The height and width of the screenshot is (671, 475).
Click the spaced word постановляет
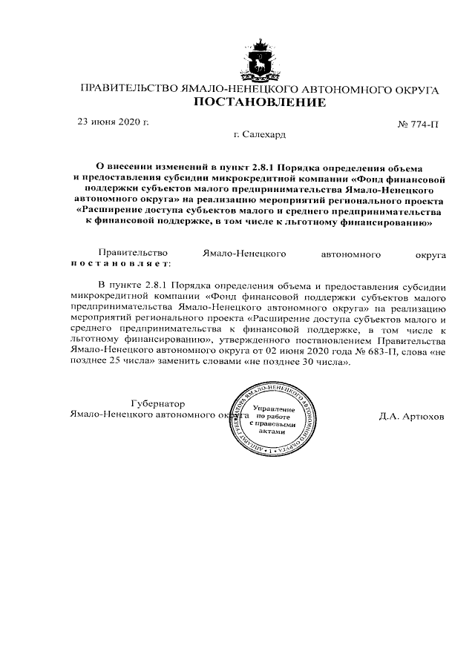(x=120, y=262)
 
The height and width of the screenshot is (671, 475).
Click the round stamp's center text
(x=274, y=420)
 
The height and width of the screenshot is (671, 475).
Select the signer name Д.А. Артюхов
(x=411, y=416)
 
